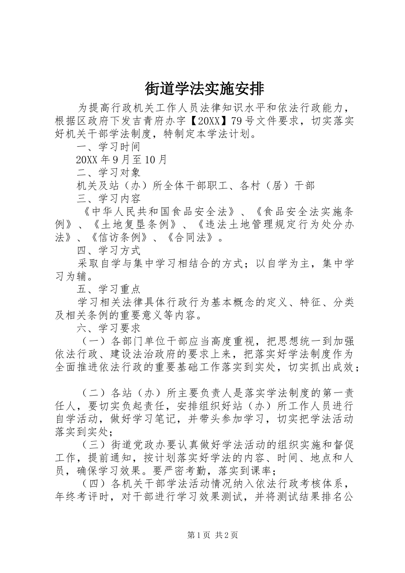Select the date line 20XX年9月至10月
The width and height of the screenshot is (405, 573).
[x=121, y=160]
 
